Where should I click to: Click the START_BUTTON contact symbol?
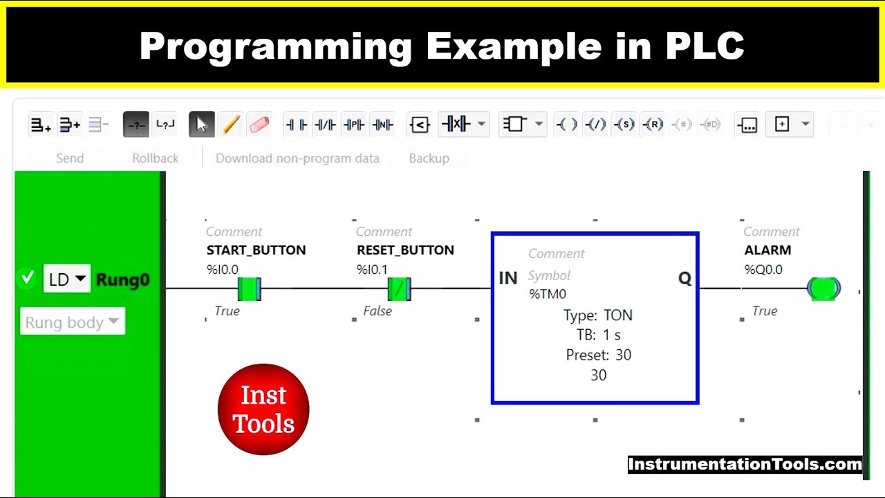point(248,288)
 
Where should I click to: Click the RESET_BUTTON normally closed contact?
point(399,288)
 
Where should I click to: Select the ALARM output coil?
point(823,288)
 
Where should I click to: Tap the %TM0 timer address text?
point(548,294)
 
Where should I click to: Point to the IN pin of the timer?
point(508,278)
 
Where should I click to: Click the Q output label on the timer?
point(684,278)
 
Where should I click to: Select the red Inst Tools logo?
point(263,409)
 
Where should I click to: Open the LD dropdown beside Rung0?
point(67,279)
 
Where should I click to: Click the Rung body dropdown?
point(73,322)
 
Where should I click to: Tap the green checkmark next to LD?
point(28,278)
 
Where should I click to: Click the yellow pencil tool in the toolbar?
point(231,124)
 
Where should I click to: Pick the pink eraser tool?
point(259,124)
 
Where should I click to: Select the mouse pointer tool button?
point(201,124)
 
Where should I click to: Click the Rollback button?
point(155,158)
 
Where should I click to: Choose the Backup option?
point(429,158)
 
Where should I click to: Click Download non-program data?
point(297,158)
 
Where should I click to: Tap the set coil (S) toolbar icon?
point(624,124)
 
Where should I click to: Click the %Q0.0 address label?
point(763,270)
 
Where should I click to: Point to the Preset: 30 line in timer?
point(598,355)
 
